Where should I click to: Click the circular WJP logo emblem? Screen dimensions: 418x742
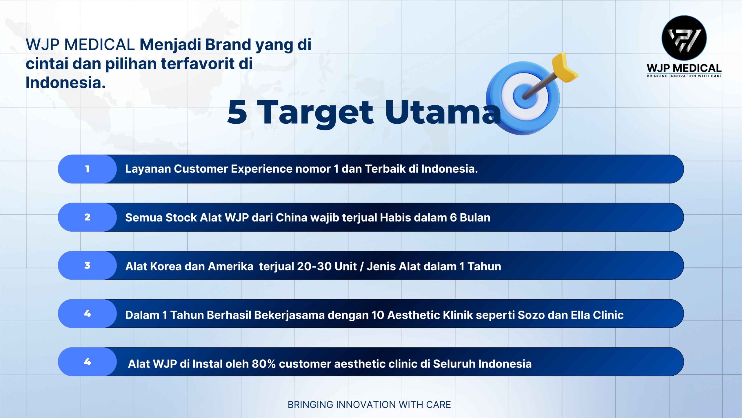coord(684,38)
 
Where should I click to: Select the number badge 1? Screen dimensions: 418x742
coord(87,169)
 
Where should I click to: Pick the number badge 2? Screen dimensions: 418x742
coord(87,217)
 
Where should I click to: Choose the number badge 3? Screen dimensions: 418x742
coord(87,265)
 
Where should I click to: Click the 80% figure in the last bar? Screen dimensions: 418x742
coord(263,364)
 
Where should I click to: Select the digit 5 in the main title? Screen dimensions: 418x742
coord(237,113)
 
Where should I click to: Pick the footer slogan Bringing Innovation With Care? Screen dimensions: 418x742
coord(369,405)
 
